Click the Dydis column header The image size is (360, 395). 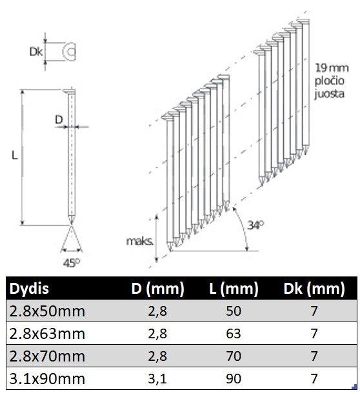pos(29,289)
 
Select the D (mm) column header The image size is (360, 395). pos(157,289)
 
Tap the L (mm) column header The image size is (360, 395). pos(234,289)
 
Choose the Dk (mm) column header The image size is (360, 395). pos(314,289)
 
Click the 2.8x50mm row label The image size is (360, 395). pos(47,311)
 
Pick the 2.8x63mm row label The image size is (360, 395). pos(47,334)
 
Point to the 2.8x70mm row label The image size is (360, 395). pos(47,356)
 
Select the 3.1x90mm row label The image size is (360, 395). pos(47,379)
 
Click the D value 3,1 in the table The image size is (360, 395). pos(157,379)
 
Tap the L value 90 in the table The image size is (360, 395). pos(234,379)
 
